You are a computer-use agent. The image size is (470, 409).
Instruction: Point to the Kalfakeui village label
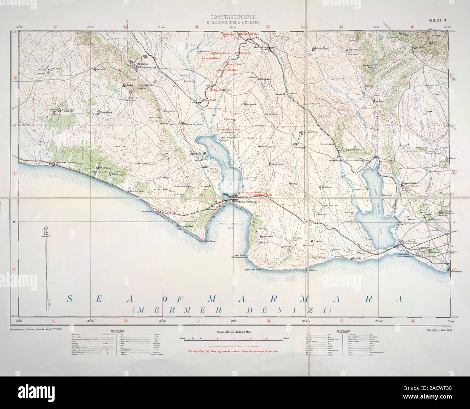click(46, 68)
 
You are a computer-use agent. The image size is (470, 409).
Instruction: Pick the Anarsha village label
click(268, 237)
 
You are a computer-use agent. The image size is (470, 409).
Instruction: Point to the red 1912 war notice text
click(234, 351)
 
